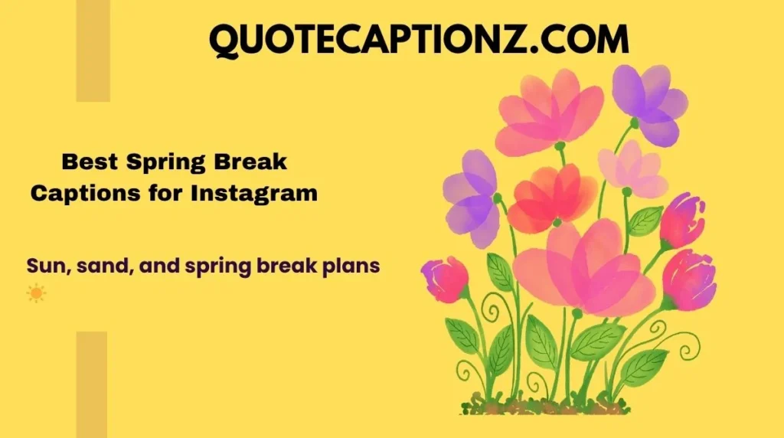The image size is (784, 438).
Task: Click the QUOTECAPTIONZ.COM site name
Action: pyautogui.click(x=419, y=39)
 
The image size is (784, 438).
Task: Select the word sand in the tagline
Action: pyautogui.click(x=99, y=267)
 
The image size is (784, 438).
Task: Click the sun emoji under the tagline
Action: pyautogui.click(x=35, y=293)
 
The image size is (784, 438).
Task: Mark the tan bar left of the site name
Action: pyautogui.click(x=93, y=51)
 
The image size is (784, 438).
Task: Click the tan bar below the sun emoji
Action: pyautogui.click(x=92, y=384)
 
